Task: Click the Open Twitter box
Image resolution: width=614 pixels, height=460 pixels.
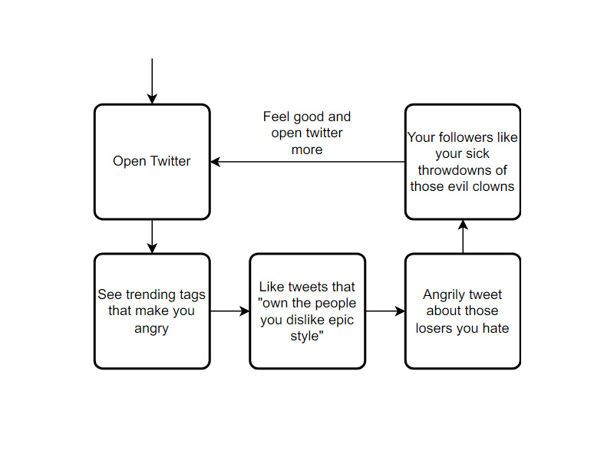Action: pyautogui.click(x=152, y=162)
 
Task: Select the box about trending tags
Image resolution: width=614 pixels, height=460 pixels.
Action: pyautogui.click(x=152, y=311)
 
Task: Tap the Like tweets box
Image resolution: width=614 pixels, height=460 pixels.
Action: pyautogui.click(x=308, y=311)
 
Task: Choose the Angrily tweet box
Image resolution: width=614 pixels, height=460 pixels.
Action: pyautogui.click(x=463, y=311)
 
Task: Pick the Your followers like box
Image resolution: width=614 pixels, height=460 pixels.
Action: pyautogui.click(x=463, y=162)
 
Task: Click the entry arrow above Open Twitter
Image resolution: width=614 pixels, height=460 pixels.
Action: pyautogui.click(x=152, y=81)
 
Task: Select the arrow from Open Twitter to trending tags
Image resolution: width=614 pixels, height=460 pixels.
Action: pyautogui.click(x=152, y=236)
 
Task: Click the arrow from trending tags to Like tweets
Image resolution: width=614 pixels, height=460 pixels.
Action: pyautogui.click(x=229, y=311)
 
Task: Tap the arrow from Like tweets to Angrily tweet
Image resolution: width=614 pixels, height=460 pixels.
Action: pyautogui.click(x=385, y=311)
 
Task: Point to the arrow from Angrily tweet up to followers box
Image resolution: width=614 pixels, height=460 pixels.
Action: pyautogui.click(x=463, y=236)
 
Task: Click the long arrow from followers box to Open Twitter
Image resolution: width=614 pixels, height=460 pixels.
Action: pyautogui.click(x=308, y=162)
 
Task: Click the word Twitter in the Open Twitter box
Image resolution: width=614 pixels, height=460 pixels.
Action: pyautogui.click(x=170, y=161)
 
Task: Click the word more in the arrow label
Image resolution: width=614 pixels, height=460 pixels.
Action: pyautogui.click(x=307, y=149)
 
